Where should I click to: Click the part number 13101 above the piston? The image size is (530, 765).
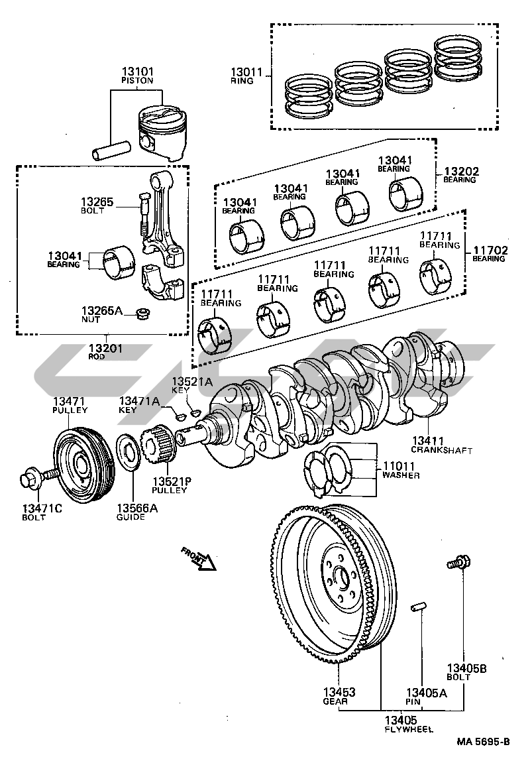(137, 71)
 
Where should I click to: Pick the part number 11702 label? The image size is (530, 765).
(489, 250)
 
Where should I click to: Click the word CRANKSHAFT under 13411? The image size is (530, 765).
(441, 450)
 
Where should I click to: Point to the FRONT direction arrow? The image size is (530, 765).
(201, 559)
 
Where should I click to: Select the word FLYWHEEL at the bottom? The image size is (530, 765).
(409, 729)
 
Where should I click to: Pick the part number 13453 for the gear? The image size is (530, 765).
(339, 692)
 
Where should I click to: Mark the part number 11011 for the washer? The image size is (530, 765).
(401, 466)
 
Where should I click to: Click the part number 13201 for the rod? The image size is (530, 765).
(106, 348)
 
